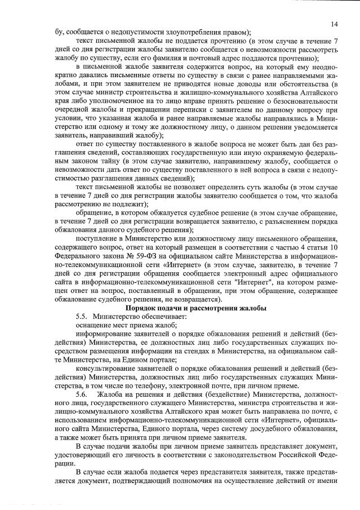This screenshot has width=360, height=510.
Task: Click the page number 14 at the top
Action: [334, 24]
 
